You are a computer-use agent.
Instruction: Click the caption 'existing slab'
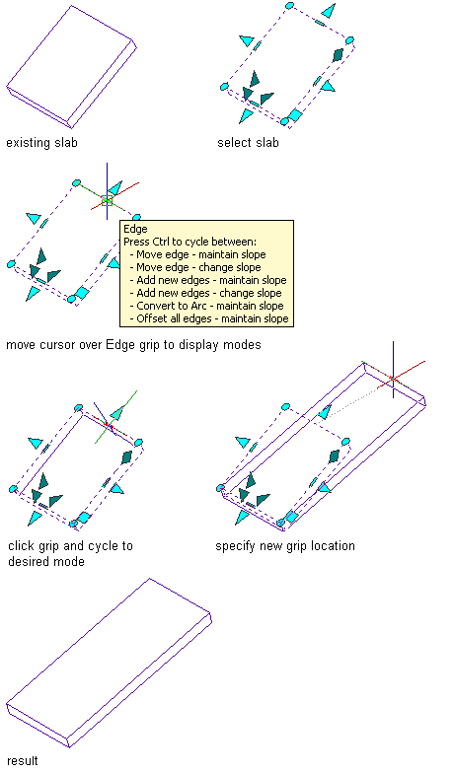[x=41, y=143]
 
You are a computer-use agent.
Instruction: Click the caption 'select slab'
[x=248, y=143]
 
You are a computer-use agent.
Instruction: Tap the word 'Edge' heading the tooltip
[x=135, y=229]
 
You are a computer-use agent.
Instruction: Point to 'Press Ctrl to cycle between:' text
[x=189, y=242]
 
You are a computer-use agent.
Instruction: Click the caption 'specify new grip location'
[x=285, y=546]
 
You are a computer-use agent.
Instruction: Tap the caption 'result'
[x=22, y=761]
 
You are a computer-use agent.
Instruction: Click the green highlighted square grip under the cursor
[x=107, y=200]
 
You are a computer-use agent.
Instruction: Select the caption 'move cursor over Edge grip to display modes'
[x=133, y=345]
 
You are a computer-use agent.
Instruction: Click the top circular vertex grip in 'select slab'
[x=290, y=6]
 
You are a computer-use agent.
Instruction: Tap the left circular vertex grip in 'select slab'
[x=224, y=87]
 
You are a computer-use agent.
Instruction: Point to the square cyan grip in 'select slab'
[x=295, y=115]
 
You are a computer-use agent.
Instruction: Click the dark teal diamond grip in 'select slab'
[x=338, y=55]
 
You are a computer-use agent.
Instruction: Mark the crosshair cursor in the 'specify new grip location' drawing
[x=394, y=380]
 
